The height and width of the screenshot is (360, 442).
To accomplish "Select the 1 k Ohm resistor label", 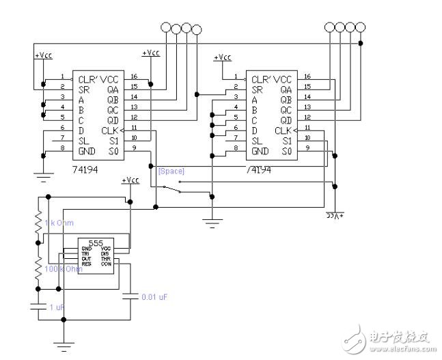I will (x=60, y=223).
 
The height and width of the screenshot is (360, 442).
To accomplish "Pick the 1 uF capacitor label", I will (x=57, y=308).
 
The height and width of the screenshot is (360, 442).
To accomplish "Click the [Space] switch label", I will (x=171, y=171).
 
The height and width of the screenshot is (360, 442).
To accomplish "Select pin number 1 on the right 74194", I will (x=236, y=77).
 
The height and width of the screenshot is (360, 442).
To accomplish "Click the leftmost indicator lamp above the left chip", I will (x=165, y=29).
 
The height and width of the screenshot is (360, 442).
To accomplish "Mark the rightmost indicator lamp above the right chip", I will (x=359, y=28).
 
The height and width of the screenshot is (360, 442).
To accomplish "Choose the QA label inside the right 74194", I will (x=286, y=88).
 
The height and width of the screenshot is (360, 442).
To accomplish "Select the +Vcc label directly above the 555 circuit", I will (x=130, y=181).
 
